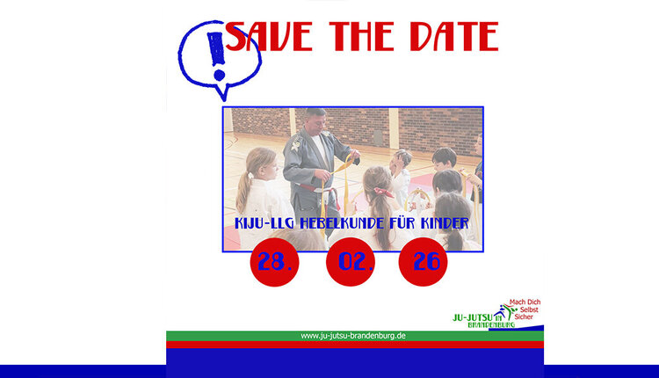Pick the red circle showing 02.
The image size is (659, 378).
pos(350,261)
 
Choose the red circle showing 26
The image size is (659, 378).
pos(423,261)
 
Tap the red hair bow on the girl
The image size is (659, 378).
pos(381,190)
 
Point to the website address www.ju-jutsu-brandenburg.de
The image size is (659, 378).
pos(353,335)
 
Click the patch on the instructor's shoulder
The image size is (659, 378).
pos(296,142)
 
